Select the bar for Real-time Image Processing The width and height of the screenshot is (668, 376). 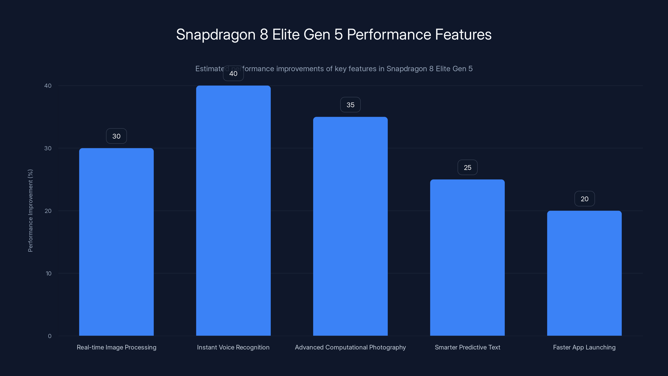(x=116, y=242)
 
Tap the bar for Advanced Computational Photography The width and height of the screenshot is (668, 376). (x=350, y=226)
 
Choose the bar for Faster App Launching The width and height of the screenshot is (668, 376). (x=584, y=273)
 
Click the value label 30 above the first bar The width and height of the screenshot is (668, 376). (x=116, y=136)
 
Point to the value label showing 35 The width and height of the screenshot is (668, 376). (x=350, y=105)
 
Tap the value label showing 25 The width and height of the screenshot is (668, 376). (x=467, y=167)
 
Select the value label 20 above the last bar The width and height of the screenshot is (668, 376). (x=584, y=199)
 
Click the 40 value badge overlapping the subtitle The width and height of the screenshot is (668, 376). (x=233, y=74)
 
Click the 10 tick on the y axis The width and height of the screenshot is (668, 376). (x=48, y=273)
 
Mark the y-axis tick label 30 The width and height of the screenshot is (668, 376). (x=48, y=148)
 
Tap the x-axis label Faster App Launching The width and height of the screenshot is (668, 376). (x=584, y=347)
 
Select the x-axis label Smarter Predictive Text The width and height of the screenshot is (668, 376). (x=467, y=347)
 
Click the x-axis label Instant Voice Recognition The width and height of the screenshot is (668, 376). (x=233, y=347)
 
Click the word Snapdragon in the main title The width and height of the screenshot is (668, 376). (x=216, y=34)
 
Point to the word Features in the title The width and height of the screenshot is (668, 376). (x=463, y=34)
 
